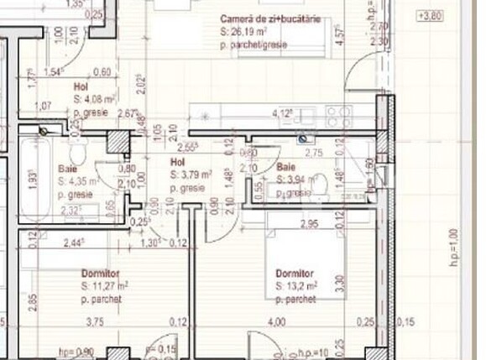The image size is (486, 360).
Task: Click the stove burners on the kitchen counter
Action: tap(338, 115)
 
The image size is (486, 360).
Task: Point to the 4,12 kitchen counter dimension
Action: tap(281, 113)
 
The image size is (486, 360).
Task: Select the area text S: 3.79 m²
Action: tap(191, 175)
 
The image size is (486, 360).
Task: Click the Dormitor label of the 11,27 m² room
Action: tap(100, 274)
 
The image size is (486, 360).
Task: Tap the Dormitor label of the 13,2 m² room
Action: tap(294, 274)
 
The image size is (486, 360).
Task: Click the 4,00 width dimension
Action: tap(276, 321)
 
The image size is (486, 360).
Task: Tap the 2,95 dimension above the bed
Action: tap(309, 224)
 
